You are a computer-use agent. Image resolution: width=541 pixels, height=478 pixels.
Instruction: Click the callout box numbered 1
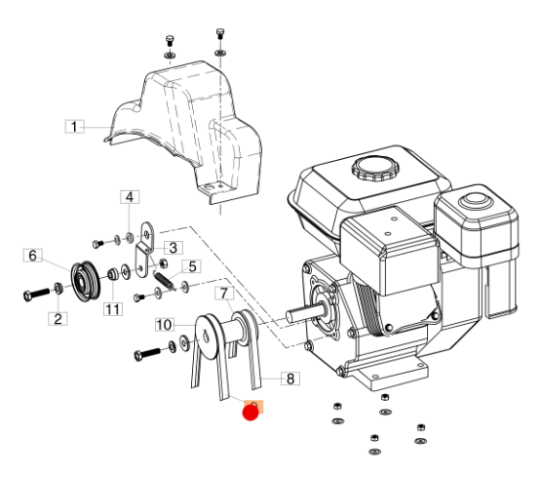pyautogui.click(x=74, y=127)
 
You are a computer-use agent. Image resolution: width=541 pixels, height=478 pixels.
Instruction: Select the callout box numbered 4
pyautogui.click(x=130, y=197)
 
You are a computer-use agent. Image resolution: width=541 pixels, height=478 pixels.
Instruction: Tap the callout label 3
pyautogui.click(x=174, y=248)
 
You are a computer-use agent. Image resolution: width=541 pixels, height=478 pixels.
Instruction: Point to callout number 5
pyautogui.click(x=192, y=266)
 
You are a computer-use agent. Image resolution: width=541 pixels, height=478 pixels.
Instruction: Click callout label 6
pyautogui.click(x=33, y=256)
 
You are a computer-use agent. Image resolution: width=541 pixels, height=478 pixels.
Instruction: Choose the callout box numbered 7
pyautogui.click(x=224, y=294)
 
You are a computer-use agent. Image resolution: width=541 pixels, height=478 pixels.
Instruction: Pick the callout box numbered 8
pyautogui.click(x=290, y=378)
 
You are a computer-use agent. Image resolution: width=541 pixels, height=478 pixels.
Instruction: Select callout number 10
pyautogui.click(x=164, y=325)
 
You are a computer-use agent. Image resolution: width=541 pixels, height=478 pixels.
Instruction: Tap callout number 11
pyautogui.click(x=113, y=309)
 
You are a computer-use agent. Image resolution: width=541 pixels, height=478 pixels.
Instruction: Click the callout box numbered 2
pyautogui.click(x=58, y=318)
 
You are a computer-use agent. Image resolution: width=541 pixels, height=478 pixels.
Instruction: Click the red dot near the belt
pyautogui.click(x=251, y=413)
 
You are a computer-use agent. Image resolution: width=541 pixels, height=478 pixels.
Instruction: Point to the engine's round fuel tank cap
pyautogui.click(x=375, y=168)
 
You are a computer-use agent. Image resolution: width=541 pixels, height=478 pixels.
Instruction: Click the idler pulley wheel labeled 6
pyautogui.click(x=86, y=281)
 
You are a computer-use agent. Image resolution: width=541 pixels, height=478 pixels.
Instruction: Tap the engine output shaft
pyautogui.click(x=306, y=313)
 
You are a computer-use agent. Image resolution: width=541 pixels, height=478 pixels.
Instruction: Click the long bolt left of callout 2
pyautogui.click(x=37, y=295)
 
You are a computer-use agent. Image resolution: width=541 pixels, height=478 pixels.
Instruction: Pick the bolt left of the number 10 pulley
pyautogui.click(x=147, y=354)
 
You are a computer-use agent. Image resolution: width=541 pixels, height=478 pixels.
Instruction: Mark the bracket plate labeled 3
pyautogui.click(x=145, y=249)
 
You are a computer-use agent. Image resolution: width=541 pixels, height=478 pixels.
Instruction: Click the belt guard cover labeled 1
pyautogui.click(x=183, y=132)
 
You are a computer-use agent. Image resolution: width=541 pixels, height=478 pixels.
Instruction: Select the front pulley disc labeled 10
pyautogui.click(x=208, y=337)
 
